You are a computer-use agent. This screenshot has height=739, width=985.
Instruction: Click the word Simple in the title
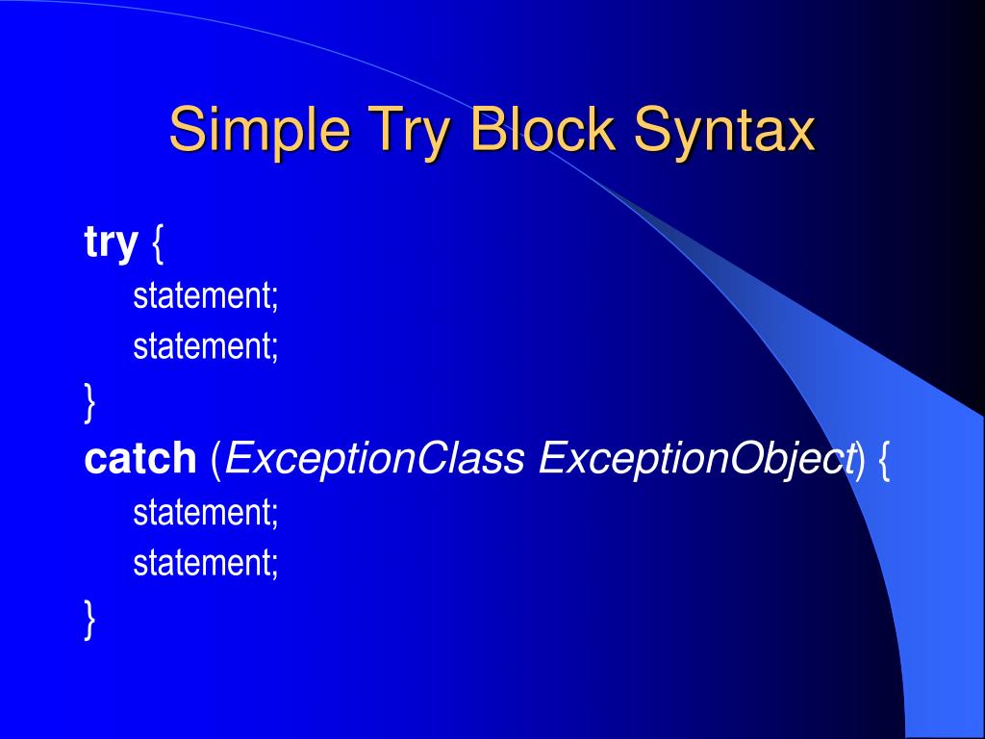click(260, 131)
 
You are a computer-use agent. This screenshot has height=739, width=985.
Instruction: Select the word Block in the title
click(543, 129)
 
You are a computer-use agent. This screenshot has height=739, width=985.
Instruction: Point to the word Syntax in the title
click(724, 131)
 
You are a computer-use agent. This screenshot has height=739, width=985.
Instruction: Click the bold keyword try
click(111, 242)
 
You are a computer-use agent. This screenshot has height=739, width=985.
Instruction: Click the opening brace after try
click(158, 243)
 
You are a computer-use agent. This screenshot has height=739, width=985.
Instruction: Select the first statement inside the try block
click(206, 295)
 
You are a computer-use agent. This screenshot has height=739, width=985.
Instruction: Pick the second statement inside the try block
click(206, 345)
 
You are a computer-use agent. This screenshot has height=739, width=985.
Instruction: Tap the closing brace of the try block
click(89, 402)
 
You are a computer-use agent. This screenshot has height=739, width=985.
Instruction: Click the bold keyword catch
click(140, 457)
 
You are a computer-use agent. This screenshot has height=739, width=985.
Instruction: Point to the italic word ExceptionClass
click(374, 459)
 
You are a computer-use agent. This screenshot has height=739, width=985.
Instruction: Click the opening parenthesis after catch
click(216, 461)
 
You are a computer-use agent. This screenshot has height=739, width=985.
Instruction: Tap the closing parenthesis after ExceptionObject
click(860, 461)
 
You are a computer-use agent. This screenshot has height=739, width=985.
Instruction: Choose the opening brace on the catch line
click(883, 461)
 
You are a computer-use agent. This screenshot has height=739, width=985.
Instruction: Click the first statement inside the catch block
click(206, 512)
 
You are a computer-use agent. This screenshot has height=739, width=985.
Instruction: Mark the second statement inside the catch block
click(206, 562)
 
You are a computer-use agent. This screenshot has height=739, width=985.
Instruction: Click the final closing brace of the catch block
click(89, 619)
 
